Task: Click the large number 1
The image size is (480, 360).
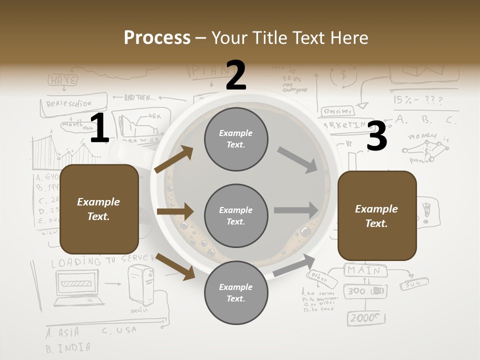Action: click(99, 128)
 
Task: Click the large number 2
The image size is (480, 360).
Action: click(236, 75)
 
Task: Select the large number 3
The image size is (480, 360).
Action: click(376, 136)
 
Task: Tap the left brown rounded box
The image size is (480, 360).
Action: click(99, 209)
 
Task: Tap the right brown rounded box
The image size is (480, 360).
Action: click(377, 215)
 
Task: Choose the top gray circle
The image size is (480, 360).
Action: click(236, 139)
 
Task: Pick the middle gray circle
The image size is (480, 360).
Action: click(236, 216)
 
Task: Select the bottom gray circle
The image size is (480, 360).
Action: click(236, 293)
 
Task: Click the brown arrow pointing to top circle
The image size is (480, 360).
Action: click(174, 159)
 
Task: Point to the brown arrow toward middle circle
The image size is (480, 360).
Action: click(174, 211)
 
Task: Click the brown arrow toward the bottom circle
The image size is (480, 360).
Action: click(175, 266)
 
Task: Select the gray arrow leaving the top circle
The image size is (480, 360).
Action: click(297, 159)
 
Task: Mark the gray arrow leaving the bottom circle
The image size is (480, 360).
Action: click(294, 265)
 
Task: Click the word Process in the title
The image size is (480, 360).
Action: click(157, 37)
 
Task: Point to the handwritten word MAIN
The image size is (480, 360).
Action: click(364, 270)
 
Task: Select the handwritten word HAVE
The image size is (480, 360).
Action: click(63, 79)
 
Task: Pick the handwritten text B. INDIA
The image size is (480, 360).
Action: click(68, 347)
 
